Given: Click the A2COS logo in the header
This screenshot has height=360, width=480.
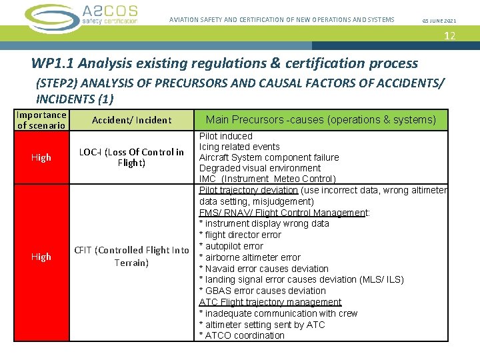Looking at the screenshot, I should click(x=81, y=16).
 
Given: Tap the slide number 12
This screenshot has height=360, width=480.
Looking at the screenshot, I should click(x=450, y=35).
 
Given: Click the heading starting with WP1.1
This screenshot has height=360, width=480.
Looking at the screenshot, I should click(x=224, y=63).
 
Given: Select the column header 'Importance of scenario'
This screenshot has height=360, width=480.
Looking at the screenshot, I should click(x=41, y=120).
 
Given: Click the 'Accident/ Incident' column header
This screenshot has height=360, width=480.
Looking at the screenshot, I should click(x=131, y=120).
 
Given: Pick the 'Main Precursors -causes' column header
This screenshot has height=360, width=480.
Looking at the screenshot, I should click(x=321, y=120).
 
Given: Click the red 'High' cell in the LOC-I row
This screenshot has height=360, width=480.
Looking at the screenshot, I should click(x=41, y=157).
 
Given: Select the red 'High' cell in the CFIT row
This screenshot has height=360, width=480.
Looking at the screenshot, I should click(x=41, y=257).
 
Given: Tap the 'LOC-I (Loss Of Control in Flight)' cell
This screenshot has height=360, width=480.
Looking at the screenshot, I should click(x=131, y=157).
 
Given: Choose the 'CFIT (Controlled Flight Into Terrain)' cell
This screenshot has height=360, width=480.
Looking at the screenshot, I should click(x=131, y=257).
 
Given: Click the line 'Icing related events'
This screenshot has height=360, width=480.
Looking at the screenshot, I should click(x=239, y=147).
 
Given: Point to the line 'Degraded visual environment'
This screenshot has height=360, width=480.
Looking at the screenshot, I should click(x=259, y=168).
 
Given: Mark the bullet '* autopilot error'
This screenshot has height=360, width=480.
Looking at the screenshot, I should click(x=231, y=246).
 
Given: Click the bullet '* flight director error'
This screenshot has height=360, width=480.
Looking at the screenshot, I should click(x=240, y=235).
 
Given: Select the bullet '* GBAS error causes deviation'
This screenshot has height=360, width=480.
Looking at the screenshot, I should click(x=262, y=291).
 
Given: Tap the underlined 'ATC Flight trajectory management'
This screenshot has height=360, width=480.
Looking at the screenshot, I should click(x=270, y=302).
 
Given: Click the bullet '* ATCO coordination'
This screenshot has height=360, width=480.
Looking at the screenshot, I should click(x=241, y=335).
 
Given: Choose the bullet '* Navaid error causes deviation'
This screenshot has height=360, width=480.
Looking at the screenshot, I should click(x=263, y=269).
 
